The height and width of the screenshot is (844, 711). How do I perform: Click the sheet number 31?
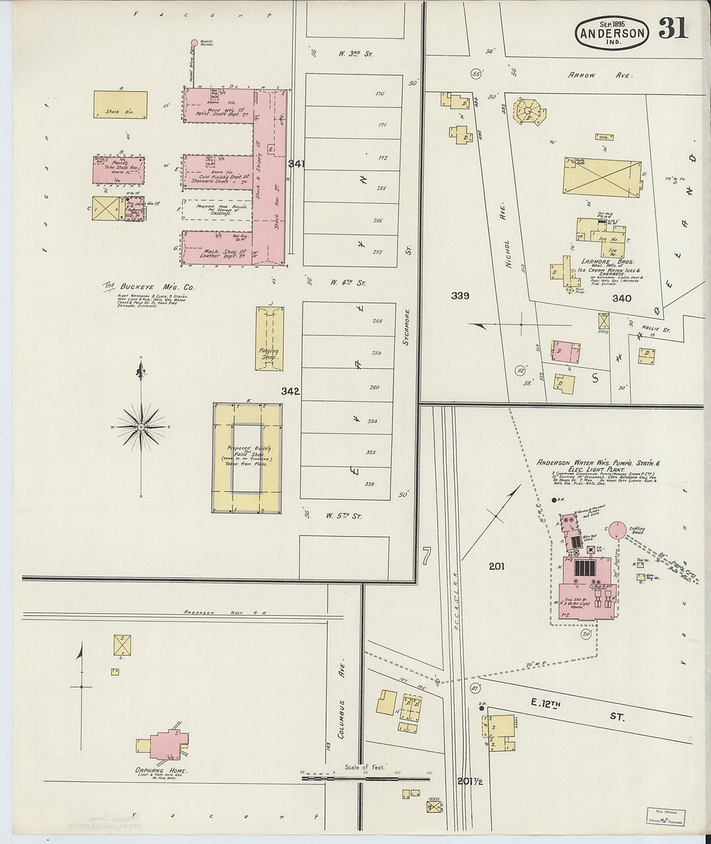click(673, 29)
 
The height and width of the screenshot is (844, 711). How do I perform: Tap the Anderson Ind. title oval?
click(611, 32)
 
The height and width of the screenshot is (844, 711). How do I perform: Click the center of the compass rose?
click(140, 427)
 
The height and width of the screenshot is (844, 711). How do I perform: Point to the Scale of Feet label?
click(365, 767)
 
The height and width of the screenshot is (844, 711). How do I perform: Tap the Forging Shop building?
click(270, 339)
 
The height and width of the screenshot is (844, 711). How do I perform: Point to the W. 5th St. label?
click(343, 516)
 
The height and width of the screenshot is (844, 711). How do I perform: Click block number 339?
click(460, 296)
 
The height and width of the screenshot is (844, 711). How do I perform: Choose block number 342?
click(290, 391)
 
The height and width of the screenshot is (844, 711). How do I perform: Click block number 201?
click(496, 567)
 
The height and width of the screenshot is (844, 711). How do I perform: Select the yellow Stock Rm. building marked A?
click(120, 104)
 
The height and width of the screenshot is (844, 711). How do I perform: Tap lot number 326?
click(370, 484)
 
